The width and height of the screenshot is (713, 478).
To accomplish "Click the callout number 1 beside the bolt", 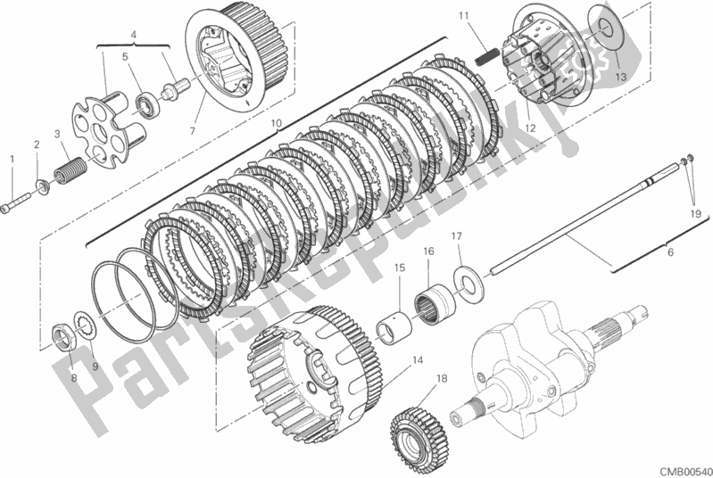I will click(x=12, y=159).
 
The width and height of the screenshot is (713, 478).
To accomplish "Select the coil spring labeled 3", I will click(x=70, y=169).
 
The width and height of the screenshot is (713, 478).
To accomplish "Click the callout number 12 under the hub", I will click(x=530, y=129).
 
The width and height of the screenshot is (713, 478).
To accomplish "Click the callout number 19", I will click(x=694, y=214).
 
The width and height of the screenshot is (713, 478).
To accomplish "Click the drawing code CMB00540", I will click(x=683, y=467).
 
